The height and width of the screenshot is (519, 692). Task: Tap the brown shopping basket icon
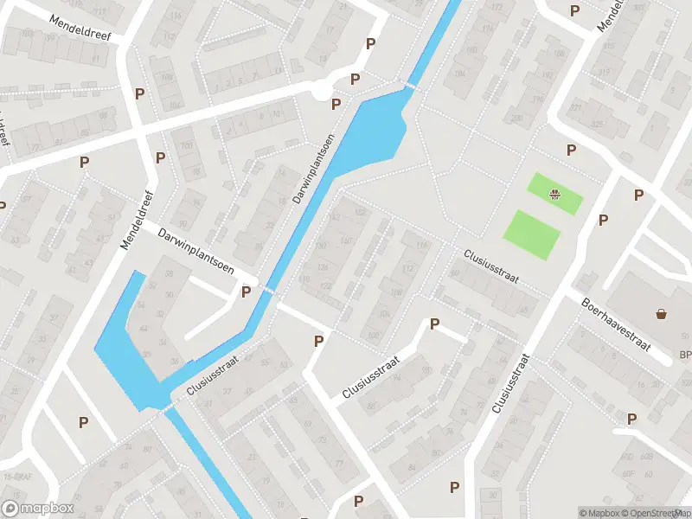[x=662, y=313]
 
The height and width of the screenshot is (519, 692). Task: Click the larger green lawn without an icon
[x=531, y=234]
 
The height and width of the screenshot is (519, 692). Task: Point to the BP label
[x=685, y=356]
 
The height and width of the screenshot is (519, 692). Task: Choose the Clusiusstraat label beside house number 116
[x=490, y=266]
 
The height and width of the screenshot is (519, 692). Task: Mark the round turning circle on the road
[x=322, y=89]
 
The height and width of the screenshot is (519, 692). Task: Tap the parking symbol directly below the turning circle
[x=336, y=105]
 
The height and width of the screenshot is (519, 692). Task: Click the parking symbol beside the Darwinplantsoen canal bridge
[x=246, y=292]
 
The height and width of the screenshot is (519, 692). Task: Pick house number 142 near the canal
[x=336, y=215]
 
